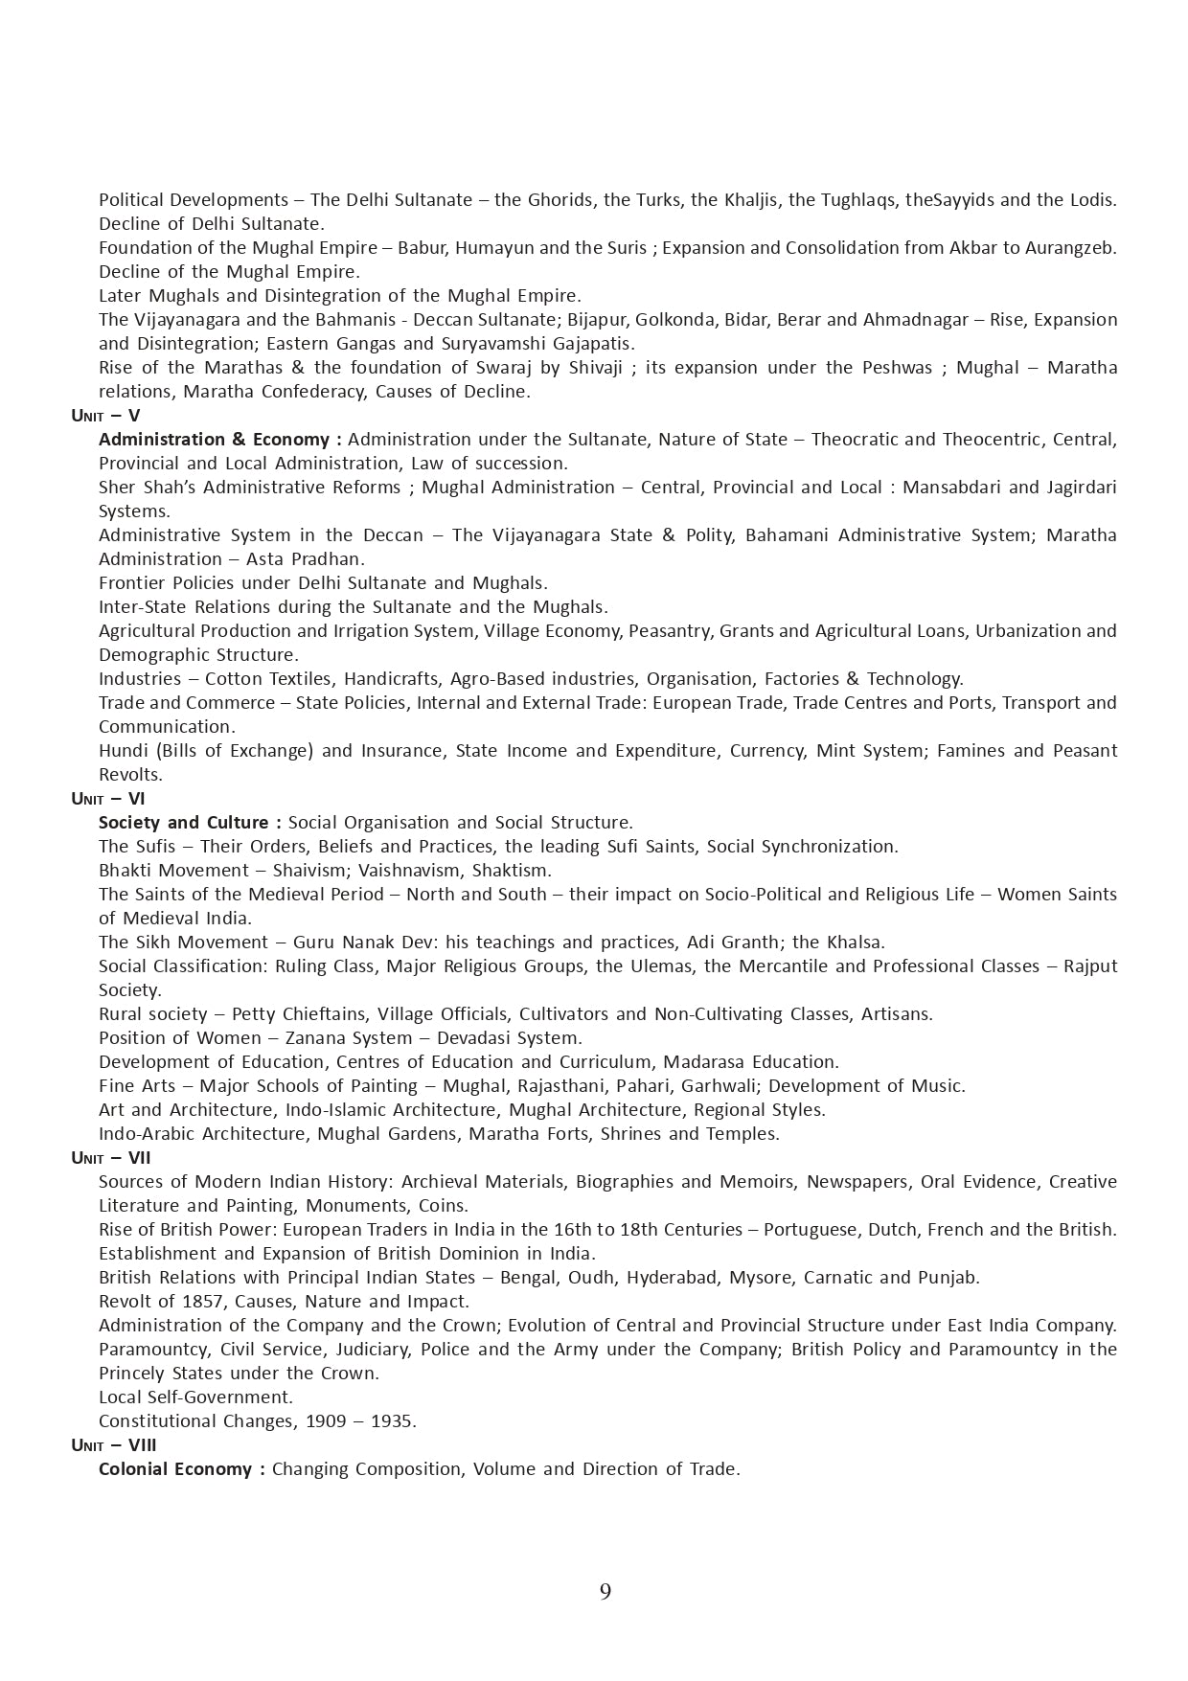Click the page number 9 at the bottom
coord(605,1591)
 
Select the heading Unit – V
coord(105,416)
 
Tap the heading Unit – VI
coord(108,799)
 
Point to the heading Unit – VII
coord(111,1158)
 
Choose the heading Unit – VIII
coord(114,1445)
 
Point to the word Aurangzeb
coord(1070,248)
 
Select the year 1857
coord(203,1302)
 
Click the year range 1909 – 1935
coord(360,1421)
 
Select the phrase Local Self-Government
coord(196,1397)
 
